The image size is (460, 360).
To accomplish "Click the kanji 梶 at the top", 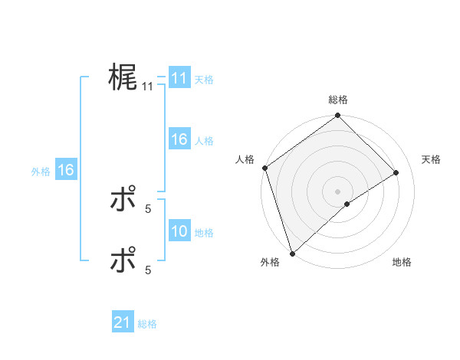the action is [x=123, y=78].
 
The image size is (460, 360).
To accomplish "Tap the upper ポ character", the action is [x=123, y=201].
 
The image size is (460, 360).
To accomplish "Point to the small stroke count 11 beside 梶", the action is [x=148, y=87].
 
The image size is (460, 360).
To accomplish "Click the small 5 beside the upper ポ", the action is [x=148, y=208].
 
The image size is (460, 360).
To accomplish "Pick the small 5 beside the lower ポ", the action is [x=148, y=270].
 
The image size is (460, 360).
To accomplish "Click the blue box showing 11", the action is [x=179, y=78].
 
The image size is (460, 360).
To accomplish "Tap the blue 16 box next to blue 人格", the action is [x=179, y=139].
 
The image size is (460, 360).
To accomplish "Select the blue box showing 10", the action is [x=179, y=231].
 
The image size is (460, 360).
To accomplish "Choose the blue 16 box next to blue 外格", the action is [x=65, y=170].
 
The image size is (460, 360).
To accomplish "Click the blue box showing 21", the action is [x=122, y=322].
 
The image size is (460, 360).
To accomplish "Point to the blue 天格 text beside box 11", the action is [x=204, y=79].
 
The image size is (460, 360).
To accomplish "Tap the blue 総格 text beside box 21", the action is [x=147, y=324].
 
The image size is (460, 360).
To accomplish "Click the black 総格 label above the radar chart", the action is [x=338, y=100].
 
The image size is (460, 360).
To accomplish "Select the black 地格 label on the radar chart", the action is [x=402, y=263].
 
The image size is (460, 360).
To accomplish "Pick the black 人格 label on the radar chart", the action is [x=245, y=159].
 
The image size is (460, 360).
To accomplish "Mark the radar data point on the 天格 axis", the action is [x=396, y=172].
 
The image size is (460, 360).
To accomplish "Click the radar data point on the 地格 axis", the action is [x=347, y=204].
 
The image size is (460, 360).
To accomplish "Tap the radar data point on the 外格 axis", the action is [x=292, y=253].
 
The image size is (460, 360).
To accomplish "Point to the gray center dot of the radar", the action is [x=337, y=191].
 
